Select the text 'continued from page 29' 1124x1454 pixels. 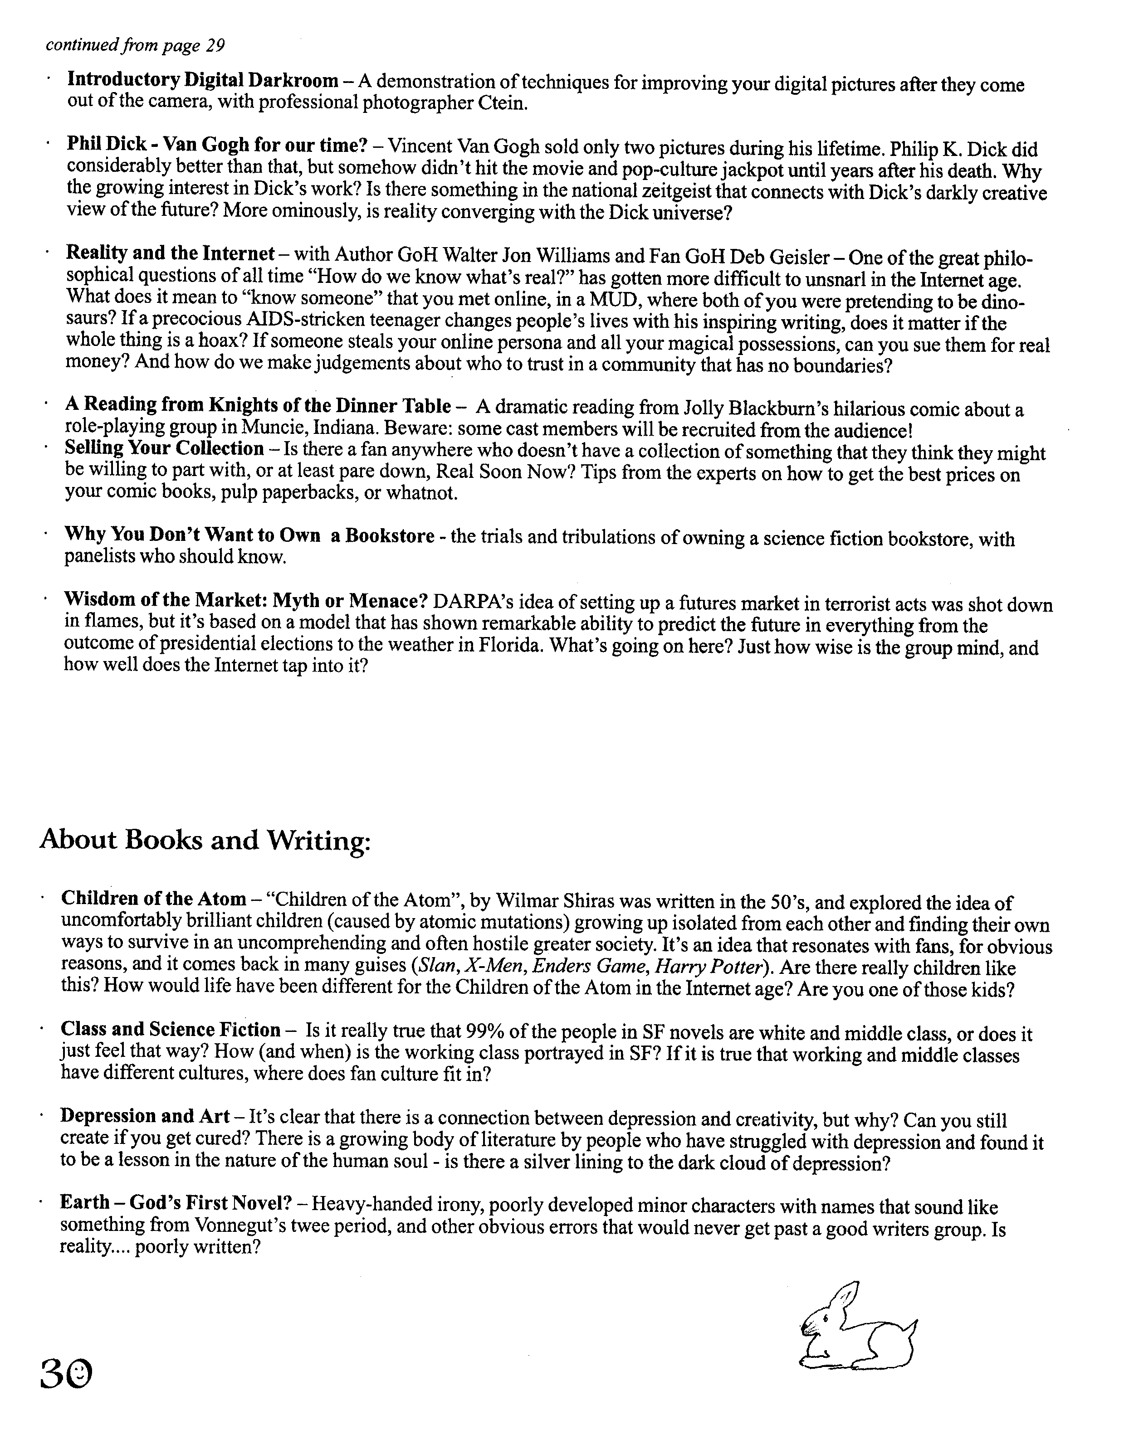coord(135,45)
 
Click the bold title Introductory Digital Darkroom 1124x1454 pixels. coord(202,81)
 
